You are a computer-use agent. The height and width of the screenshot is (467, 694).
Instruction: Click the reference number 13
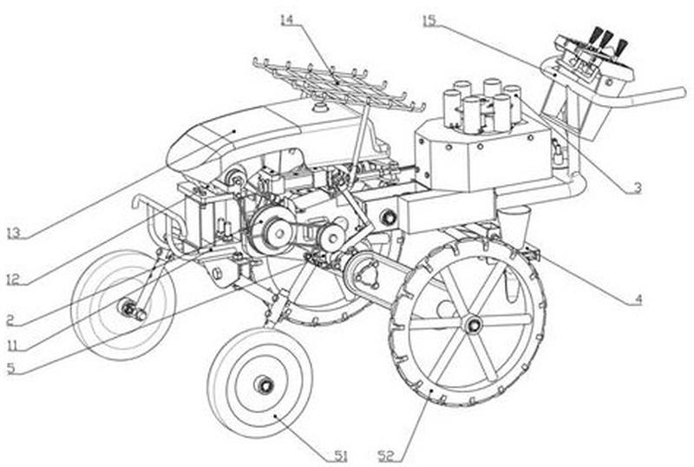pos(12,233)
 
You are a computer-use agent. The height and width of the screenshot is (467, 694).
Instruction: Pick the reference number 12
pos(12,280)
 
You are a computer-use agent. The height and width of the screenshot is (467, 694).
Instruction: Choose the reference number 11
pos(11,345)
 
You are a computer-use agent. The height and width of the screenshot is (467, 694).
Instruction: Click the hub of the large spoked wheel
pos(473,325)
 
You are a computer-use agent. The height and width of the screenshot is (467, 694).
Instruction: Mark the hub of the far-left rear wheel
pos(130,307)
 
